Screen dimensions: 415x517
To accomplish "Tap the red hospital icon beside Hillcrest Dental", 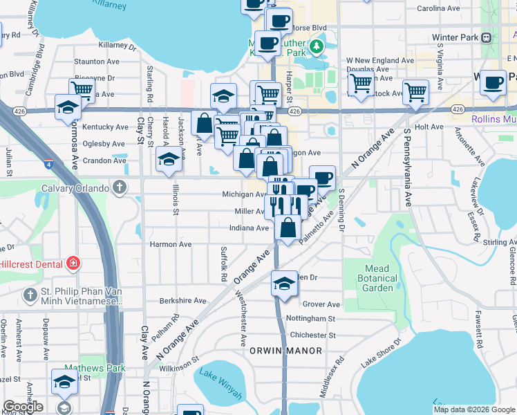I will (73, 264).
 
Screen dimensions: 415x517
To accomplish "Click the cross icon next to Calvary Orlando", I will (120, 187).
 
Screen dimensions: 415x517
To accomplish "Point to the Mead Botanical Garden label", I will (379, 278).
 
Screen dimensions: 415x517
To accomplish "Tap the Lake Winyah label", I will (220, 385).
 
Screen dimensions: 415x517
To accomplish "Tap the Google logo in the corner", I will (23, 407).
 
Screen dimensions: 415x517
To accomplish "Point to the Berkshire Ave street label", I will (183, 301).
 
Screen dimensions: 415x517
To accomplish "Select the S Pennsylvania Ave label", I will (408, 167).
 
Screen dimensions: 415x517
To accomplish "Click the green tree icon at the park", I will (317, 46).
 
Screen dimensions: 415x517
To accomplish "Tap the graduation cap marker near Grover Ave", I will (283, 284).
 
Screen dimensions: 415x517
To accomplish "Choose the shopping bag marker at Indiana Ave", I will (288, 228).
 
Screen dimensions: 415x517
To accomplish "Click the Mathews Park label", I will (95, 368).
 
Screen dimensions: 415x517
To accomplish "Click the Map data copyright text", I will (473, 409).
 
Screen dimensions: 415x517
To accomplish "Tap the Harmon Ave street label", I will (171, 244).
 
